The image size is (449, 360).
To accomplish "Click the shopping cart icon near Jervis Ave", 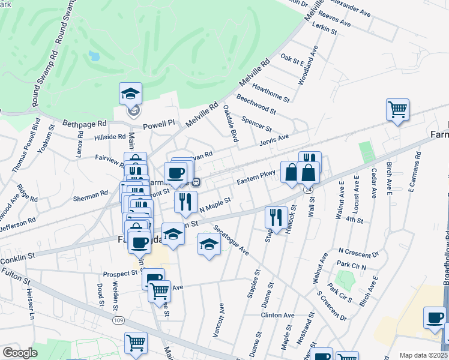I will click(x=397, y=110).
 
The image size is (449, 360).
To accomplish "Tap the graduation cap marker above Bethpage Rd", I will click(x=130, y=94).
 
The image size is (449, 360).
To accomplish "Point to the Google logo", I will click(x=19, y=353).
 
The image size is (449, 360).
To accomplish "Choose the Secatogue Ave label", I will click(x=231, y=241).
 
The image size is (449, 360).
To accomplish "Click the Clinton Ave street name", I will click(x=277, y=315).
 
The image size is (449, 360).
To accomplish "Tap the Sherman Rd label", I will click(x=95, y=194).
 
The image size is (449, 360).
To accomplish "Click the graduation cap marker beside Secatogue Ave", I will click(x=208, y=245).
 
